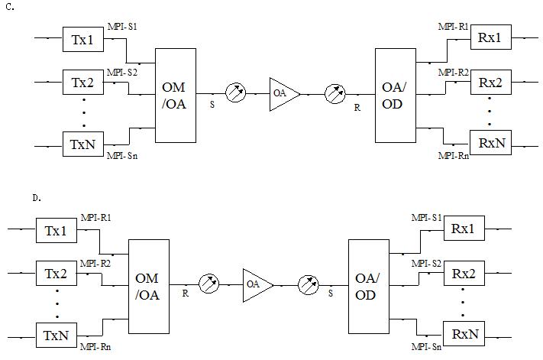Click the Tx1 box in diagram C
tap(83, 39)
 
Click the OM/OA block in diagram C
tap(176, 96)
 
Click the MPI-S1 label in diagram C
tap(122, 28)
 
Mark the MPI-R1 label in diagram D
tap(95, 219)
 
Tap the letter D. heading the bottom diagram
tap(36, 198)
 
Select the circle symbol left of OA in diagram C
tap(237, 94)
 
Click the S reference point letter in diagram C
tap(212, 104)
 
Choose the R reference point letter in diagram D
tap(186, 293)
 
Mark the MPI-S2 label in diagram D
tap(427, 263)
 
